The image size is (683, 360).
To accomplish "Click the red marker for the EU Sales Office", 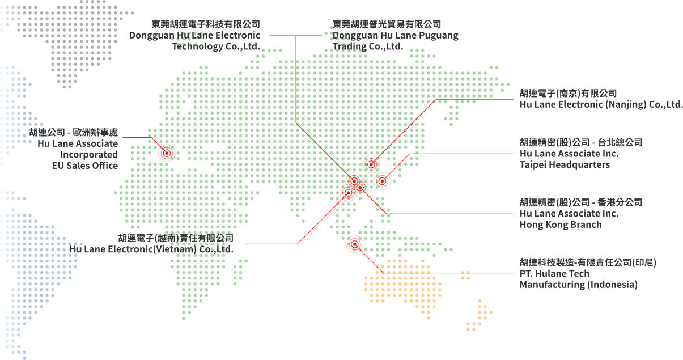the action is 167,153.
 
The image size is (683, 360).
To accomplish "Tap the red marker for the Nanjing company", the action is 371,164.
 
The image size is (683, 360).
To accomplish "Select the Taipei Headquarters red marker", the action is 382,181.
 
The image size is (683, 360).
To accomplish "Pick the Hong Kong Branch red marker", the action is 360,187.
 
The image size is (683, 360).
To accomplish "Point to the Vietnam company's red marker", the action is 348,193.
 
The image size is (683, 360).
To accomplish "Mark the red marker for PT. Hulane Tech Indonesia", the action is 354,244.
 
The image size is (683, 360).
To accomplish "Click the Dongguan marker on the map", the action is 354,181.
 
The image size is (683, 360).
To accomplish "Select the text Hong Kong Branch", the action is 561,225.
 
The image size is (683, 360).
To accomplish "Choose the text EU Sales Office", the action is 85,166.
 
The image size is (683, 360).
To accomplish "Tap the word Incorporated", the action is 89,155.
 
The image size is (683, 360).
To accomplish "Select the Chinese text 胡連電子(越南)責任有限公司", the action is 176,238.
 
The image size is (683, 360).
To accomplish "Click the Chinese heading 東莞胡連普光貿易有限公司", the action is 387,24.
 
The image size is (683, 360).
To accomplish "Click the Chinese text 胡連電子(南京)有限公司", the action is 568,94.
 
